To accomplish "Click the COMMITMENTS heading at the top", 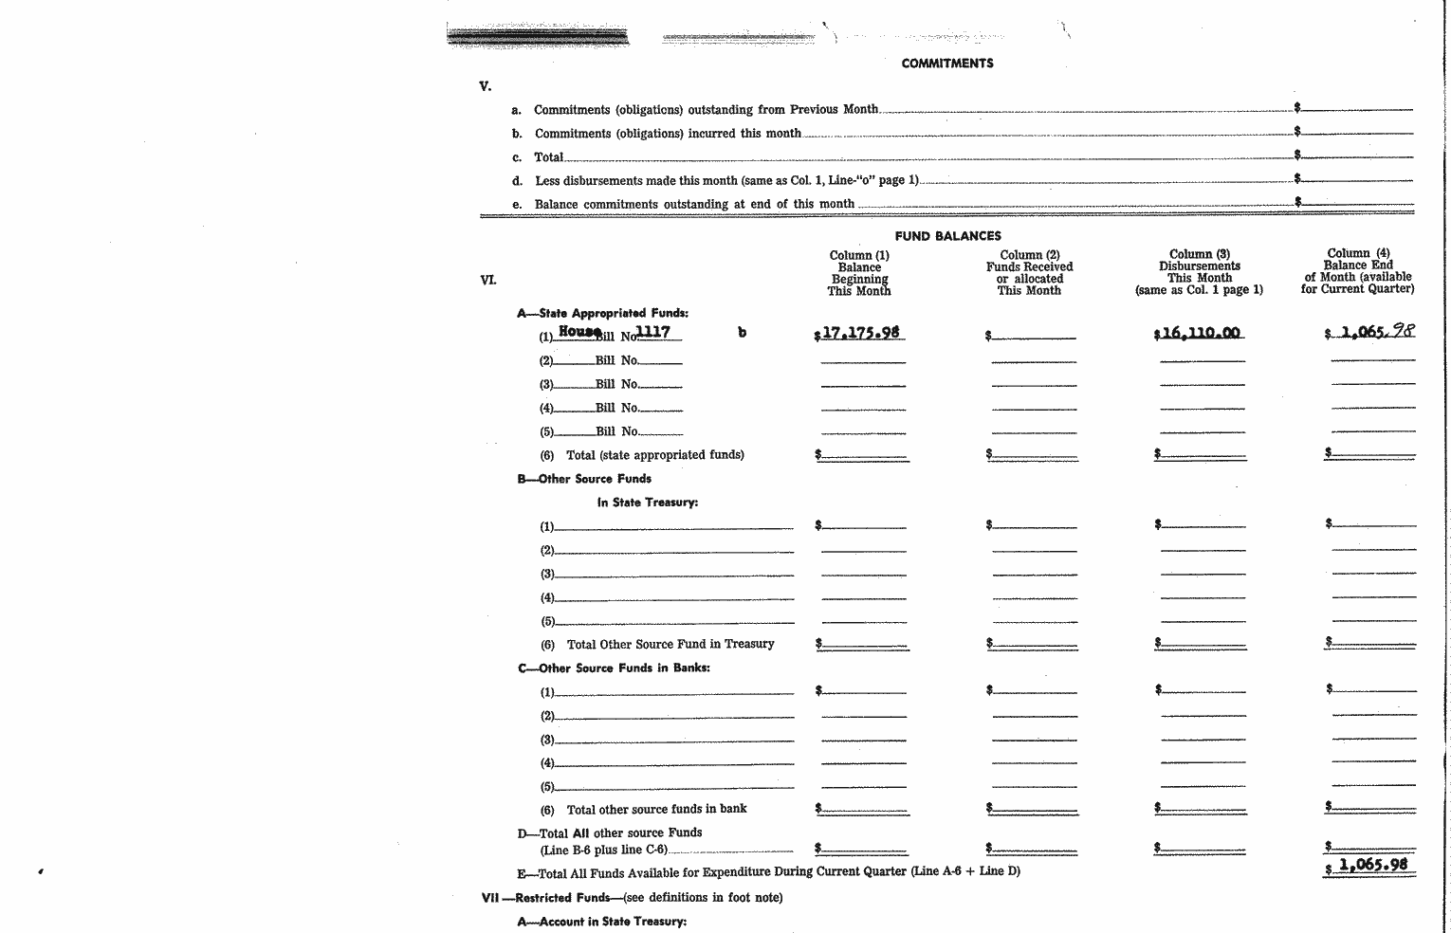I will (x=946, y=64).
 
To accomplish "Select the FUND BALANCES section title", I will (x=947, y=236).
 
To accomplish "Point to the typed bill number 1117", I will (x=652, y=332).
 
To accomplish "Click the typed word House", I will (x=579, y=331).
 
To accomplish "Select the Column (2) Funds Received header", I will (x=1029, y=272).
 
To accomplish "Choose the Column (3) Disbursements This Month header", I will (x=1199, y=272).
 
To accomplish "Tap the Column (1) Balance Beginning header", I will (x=859, y=272).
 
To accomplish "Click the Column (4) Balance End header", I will (x=1358, y=270).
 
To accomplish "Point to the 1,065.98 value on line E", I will (x=1372, y=865).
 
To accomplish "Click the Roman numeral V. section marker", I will (x=486, y=86).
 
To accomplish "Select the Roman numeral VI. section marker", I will (x=487, y=280).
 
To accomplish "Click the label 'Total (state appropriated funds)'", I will (x=654, y=455).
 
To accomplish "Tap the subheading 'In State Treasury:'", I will (x=647, y=503).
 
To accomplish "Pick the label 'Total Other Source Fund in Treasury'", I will (x=670, y=645).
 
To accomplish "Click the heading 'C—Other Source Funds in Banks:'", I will (x=614, y=668).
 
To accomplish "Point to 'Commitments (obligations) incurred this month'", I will (x=668, y=134).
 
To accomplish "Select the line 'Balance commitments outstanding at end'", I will (x=694, y=204).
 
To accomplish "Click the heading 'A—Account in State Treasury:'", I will (x=601, y=922).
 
